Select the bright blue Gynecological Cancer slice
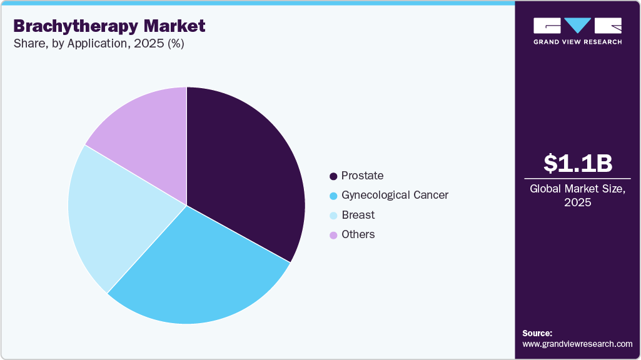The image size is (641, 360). (x=200, y=275)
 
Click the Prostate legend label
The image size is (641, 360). (x=362, y=176)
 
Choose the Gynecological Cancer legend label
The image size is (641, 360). (x=395, y=195)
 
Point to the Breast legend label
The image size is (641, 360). (x=358, y=215)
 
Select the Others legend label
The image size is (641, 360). (x=358, y=234)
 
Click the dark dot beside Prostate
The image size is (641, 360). (x=333, y=176)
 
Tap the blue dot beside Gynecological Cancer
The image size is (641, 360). (x=333, y=196)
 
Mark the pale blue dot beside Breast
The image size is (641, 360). (x=333, y=216)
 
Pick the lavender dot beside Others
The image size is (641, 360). (x=333, y=235)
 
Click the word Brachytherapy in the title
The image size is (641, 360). (x=74, y=26)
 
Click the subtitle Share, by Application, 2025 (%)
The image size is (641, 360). (x=98, y=44)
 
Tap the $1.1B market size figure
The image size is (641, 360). (x=577, y=164)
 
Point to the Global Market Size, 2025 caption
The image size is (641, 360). (x=577, y=195)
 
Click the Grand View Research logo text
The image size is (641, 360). (x=577, y=42)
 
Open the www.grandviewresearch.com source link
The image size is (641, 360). (x=577, y=344)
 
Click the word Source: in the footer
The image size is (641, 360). (x=537, y=333)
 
